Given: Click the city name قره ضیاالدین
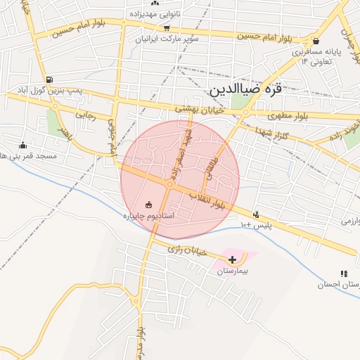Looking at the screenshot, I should pyautogui.click(x=255, y=91).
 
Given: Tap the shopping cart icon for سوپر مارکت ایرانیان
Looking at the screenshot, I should pyautogui.click(x=167, y=29).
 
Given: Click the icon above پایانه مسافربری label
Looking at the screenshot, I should pyautogui.click(x=316, y=41).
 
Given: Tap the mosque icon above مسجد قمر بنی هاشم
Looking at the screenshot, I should pyautogui.click(x=22, y=145).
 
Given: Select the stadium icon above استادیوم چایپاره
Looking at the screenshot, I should pyautogui.click(x=148, y=205).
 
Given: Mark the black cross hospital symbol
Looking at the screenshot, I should pyautogui.click(x=233, y=259).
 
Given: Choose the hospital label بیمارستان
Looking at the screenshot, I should pyautogui.click(x=233, y=271).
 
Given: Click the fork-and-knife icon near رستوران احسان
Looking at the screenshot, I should pyautogui.click(x=344, y=274).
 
